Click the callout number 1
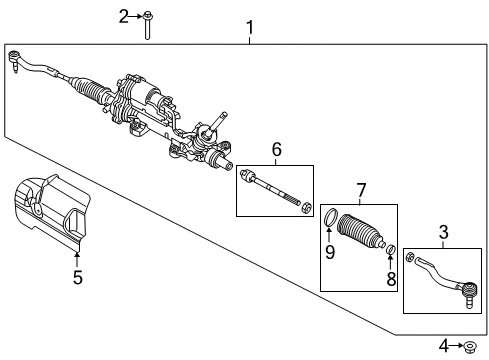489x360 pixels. [250, 27]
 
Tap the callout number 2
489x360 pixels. [124, 16]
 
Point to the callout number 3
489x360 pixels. [444, 232]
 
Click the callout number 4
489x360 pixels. [444, 346]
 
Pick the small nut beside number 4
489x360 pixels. [470, 346]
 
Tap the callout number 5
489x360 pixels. [78, 277]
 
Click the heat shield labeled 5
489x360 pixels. [52, 213]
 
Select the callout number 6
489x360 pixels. [277, 150]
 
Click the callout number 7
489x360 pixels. [361, 190]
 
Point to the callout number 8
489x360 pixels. [391, 279]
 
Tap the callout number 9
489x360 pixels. [330, 252]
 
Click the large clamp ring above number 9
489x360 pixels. [331, 217]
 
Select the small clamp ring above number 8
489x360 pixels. [391, 249]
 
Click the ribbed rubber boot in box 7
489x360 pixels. [361, 231]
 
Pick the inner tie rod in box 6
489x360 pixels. [270, 188]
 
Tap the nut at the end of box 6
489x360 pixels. [306, 207]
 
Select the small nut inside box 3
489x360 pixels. [410, 257]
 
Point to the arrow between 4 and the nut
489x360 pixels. [457, 346]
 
